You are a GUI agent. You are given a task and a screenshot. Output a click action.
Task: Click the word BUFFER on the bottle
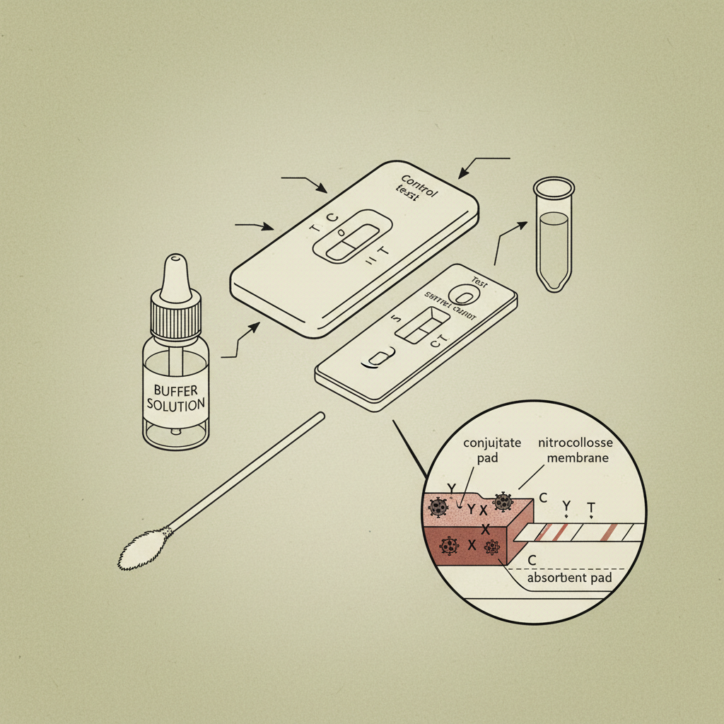point(176,390)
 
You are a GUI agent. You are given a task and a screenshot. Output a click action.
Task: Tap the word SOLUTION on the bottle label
point(176,406)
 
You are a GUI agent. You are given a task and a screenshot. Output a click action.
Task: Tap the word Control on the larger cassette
point(419,185)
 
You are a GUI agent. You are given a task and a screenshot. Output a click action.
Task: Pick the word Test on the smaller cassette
point(480,279)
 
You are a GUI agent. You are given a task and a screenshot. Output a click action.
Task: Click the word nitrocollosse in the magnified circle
point(576,443)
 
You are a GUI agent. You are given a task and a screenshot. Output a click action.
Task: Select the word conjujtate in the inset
point(492,443)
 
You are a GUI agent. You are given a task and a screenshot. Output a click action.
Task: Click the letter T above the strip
point(591,508)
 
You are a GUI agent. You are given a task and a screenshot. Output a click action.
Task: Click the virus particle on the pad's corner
point(503,502)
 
